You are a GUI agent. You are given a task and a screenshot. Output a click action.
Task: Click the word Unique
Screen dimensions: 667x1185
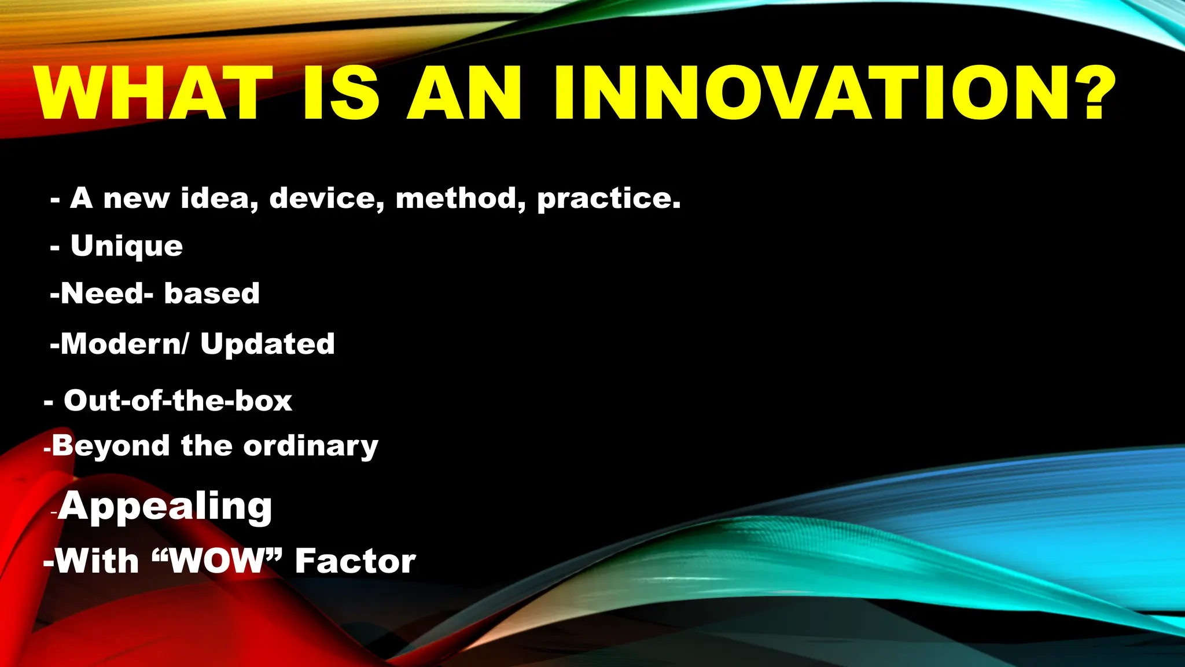[x=127, y=246]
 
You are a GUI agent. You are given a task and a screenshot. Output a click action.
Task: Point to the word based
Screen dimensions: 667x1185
[x=212, y=293]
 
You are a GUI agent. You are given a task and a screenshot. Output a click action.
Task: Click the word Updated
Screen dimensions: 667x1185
[x=267, y=345]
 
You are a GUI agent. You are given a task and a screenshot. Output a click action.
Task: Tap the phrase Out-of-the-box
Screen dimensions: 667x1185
[x=178, y=401]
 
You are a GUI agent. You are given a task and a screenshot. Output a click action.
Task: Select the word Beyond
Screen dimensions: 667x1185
[x=111, y=446]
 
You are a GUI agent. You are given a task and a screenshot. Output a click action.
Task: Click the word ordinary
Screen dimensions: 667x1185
[x=311, y=446]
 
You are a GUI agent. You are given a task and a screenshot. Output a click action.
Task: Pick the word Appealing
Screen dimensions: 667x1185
[x=165, y=507]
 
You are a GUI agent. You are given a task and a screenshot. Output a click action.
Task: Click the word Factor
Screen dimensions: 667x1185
[x=355, y=560]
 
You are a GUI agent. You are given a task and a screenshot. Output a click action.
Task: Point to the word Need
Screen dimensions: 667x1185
[x=102, y=293]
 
